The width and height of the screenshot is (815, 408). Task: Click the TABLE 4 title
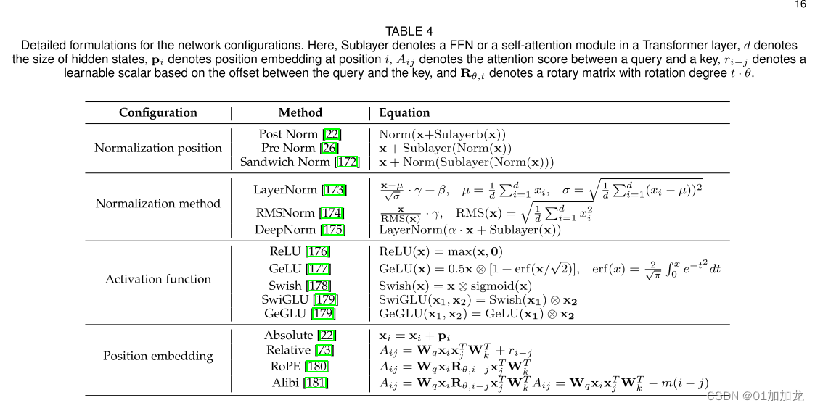tap(409, 31)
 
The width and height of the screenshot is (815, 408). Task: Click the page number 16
tap(800, 4)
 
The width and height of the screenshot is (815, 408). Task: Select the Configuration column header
tap(158, 112)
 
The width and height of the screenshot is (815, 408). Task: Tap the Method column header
tap(300, 112)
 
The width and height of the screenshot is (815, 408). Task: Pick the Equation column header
tap(404, 112)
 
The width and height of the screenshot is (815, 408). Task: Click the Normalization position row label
tap(158, 148)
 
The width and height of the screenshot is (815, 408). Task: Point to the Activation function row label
tap(158, 279)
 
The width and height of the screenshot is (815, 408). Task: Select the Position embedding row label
tap(158, 356)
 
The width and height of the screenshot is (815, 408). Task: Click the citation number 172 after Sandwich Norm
tap(348, 162)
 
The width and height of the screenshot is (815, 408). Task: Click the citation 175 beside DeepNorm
tap(334, 230)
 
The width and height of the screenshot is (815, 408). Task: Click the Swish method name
tap(284, 286)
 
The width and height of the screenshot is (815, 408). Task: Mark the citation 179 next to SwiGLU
tap(326, 299)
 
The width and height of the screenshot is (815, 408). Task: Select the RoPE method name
tap(285, 367)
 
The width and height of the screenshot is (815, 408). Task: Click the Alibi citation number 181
tap(316, 383)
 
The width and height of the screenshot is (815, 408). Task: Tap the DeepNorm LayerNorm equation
tap(470, 230)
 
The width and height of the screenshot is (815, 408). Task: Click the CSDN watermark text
tap(755, 396)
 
